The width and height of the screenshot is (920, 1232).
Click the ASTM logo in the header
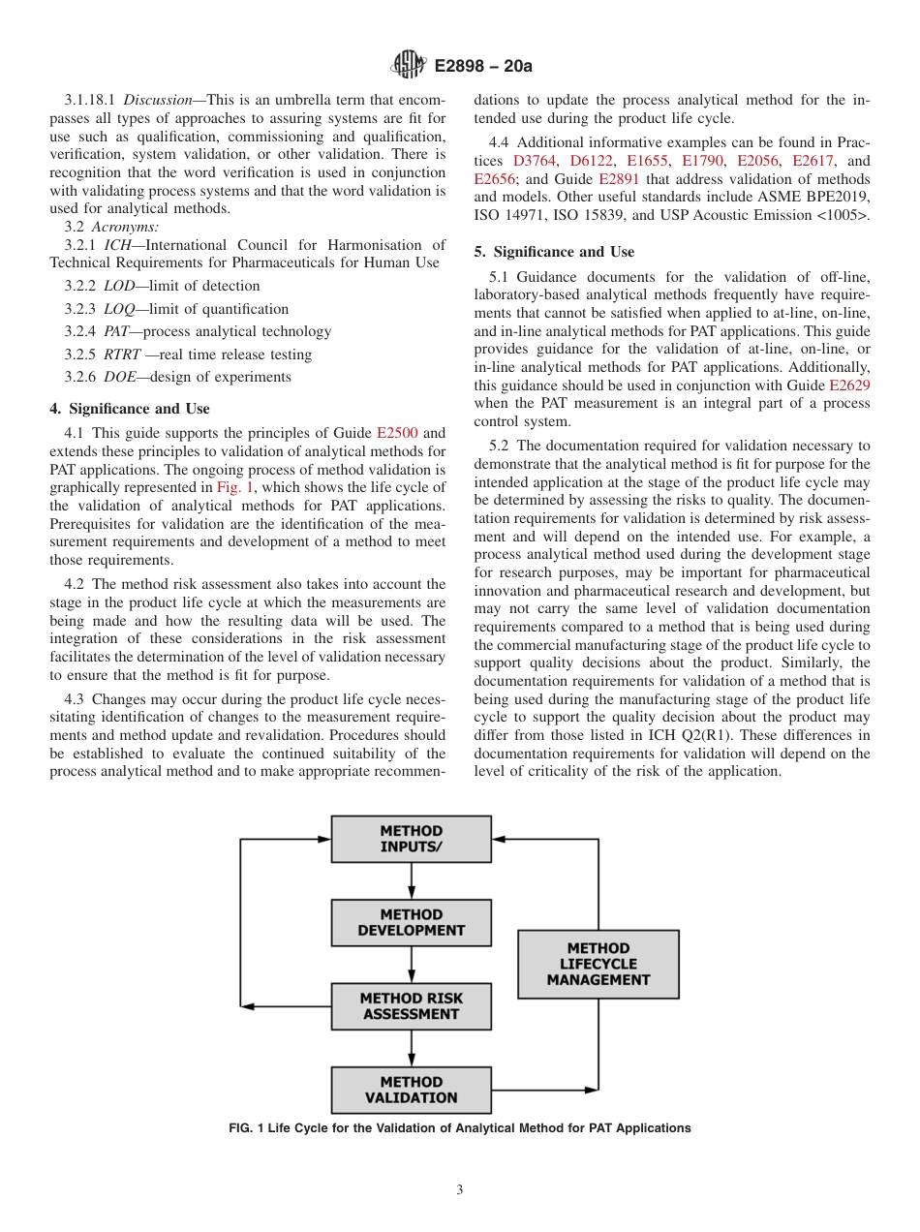pos(408,66)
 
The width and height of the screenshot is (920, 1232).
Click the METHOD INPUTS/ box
pos(411,839)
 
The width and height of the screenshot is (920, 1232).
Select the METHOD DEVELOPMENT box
pos(411,922)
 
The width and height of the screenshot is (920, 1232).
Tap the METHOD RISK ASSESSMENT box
pos(411,1006)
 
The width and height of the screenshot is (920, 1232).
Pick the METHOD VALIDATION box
pos(411,1090)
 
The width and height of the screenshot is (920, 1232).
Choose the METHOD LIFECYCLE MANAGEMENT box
pos(598,964)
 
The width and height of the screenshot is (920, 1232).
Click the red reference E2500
pos(396,433)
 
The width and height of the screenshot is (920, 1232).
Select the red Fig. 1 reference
pos(233,487)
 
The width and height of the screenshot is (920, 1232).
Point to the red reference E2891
pos(619,179)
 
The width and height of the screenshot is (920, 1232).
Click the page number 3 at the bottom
pos(460,1189)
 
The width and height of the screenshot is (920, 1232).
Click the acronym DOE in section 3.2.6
pos(120,377)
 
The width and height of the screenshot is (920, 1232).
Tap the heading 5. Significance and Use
pos(554,252)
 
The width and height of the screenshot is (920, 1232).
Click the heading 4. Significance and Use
pos(130,409)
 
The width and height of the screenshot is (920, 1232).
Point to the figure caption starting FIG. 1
pos(460,1128)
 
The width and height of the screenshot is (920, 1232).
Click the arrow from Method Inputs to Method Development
pos(412,880)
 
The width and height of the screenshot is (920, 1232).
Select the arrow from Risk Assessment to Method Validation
pos(412,1048)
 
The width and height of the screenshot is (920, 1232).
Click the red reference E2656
pos(494,179)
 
